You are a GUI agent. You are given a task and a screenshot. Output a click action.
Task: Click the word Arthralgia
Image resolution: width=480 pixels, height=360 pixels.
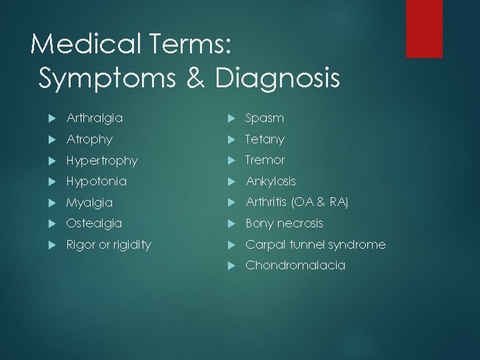(95, 118)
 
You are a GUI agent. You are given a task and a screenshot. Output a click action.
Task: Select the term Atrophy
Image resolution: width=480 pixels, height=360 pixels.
(89, 139)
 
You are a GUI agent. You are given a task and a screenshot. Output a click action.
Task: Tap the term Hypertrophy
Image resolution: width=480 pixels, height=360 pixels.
(102, 161)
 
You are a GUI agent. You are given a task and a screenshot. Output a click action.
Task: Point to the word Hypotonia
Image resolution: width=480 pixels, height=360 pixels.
(97, 181)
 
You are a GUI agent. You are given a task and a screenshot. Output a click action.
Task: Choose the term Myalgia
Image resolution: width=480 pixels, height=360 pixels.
(89, 203)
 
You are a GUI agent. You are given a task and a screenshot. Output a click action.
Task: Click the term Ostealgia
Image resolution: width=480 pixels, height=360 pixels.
(94, 223)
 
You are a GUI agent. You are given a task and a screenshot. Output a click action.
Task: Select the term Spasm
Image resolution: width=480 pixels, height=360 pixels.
(265, 118)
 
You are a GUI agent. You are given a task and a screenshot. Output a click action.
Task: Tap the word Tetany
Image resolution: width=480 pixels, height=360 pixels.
(265, 139)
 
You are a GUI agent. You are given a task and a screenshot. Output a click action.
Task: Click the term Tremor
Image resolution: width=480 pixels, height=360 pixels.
(265, 160)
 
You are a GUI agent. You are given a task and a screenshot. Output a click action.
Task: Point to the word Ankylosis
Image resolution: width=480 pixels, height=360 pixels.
(271, 181)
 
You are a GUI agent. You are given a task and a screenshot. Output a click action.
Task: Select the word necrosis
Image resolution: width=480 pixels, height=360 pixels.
(300, 223)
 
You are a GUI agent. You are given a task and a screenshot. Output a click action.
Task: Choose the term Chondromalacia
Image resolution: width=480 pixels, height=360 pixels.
(295, 265)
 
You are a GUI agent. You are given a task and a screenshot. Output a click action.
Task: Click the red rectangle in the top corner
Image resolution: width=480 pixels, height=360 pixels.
(425, 28)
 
